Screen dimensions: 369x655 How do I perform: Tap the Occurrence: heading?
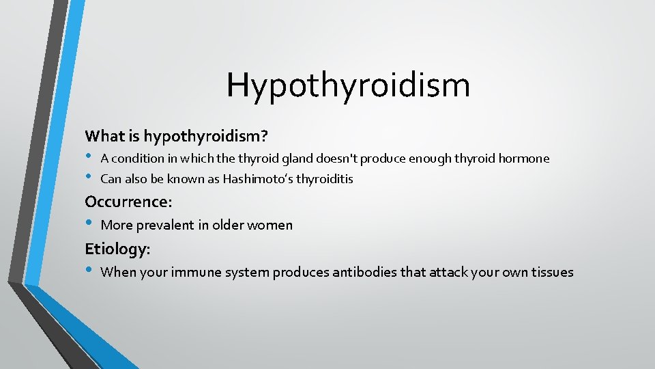128,202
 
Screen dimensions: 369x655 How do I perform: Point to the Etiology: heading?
117,249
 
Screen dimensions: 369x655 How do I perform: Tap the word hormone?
523,159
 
